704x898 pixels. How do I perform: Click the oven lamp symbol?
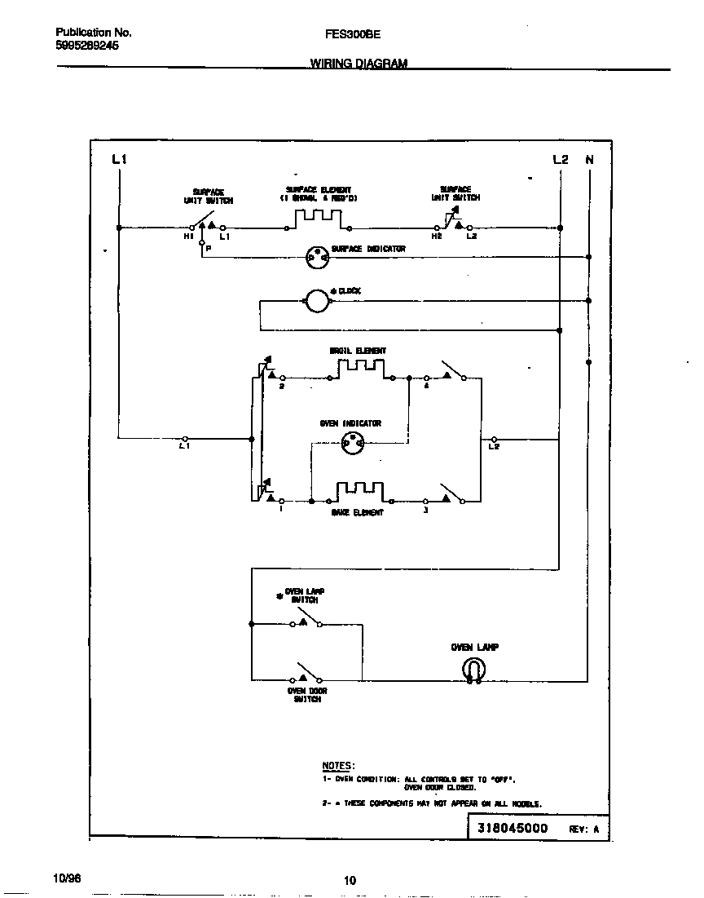click(473, 670)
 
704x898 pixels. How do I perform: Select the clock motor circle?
click(315, 302)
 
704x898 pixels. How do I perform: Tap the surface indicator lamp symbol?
click(315, 258)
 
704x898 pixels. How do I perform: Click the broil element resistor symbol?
click(360, 370)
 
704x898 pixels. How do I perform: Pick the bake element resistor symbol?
click(359, 492)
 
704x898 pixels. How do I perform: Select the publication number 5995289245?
click(86, 46)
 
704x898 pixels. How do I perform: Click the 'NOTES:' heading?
click(338, 766)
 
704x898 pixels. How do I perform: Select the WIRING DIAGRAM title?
click(359, 64)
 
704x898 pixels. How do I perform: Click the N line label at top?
click(589, 160)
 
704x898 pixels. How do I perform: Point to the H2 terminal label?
click(437, 237)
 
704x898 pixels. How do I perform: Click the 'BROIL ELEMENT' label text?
click(358, 351)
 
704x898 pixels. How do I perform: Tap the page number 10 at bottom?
click(350, 880)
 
